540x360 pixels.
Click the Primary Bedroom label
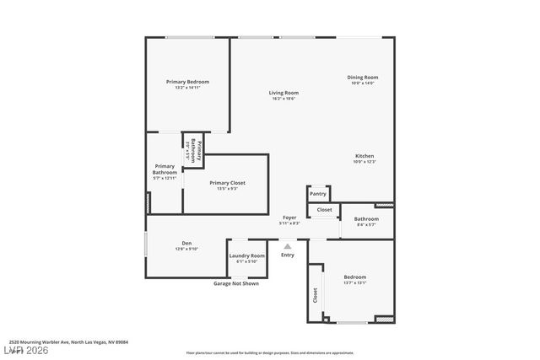pos(187,82)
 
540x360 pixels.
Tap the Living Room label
pos(283,93)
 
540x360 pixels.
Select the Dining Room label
pos(362,78)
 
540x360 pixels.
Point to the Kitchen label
pos(364,156)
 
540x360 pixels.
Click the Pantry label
pos(318,194)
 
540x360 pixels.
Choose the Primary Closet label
pos(227,183)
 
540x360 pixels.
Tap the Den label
pos(186,244)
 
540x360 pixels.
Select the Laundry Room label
pos(246,255)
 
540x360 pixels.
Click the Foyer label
pos(289,218)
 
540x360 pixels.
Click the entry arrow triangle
pos(287,246)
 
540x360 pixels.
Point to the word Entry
pos(288,255)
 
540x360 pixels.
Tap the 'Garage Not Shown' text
pos(235,284)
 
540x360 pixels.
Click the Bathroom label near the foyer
pos(366,219)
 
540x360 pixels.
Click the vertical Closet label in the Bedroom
pos(316,295)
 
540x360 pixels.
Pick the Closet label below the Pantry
pos(324,210)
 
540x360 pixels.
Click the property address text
pos(69,342)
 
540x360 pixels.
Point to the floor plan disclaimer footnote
pos(270,353)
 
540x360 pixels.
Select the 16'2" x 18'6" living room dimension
pos(283,99)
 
